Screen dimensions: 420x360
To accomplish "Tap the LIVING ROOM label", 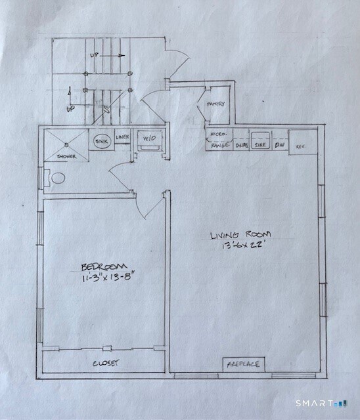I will click(x=240, y=236).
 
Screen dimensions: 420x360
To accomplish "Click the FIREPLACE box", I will click(x=243, y=363).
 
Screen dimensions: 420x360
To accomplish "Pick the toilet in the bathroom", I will click(x=58, y=178).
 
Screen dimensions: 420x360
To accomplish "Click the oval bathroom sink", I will click(x=101, y=141).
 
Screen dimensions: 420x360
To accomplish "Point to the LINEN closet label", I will click(x=122, y=137).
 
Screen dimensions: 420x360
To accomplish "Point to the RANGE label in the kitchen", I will click(x=219, y=145).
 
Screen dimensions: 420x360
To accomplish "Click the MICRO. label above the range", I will click(x=218, y=133).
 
